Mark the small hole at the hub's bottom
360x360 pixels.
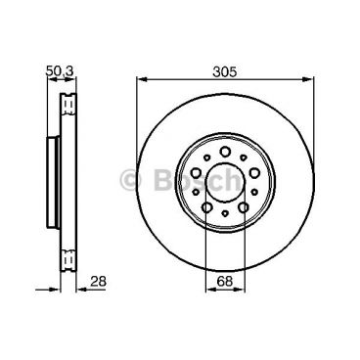pyautogui.click(x=225, y=213)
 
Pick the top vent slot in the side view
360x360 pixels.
pyautogui.click(x=67, y=102)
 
